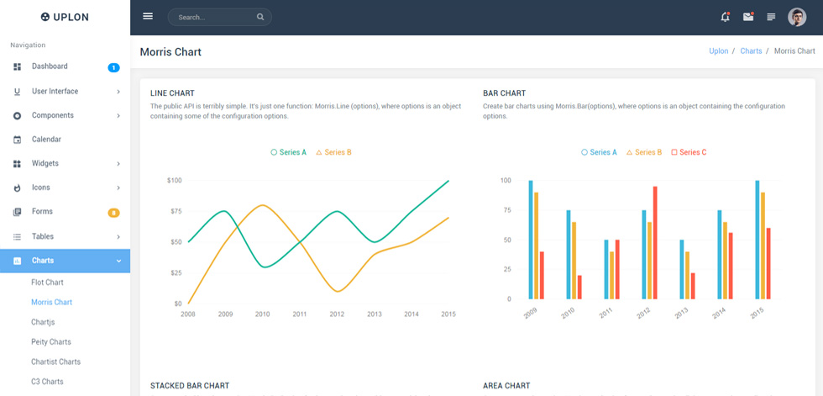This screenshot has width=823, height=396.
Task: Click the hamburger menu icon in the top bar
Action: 148,16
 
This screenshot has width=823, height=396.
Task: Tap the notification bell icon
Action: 726,17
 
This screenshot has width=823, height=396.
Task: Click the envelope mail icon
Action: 748,17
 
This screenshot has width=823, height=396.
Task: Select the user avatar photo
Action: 797,18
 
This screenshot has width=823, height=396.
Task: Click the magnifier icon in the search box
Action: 260,17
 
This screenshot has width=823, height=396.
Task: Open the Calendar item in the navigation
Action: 46,140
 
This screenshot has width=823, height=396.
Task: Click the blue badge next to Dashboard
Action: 114,67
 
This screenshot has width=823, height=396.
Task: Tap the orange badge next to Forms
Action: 114,213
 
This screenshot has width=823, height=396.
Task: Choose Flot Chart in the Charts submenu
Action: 47,282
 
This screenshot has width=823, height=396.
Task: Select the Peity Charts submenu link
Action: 51,342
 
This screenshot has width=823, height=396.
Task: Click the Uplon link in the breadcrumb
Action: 719,51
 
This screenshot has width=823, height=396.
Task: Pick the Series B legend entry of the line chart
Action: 334,152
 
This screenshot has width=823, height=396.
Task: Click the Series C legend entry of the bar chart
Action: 689,152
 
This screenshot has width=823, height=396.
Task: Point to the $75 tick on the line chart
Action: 175,211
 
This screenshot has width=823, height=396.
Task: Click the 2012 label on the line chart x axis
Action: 337,314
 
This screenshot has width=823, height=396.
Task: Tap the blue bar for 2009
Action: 531,240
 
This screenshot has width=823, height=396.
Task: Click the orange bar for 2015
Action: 763,246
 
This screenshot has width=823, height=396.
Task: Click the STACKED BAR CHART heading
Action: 190,386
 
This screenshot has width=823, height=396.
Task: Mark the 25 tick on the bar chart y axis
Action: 506,269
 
